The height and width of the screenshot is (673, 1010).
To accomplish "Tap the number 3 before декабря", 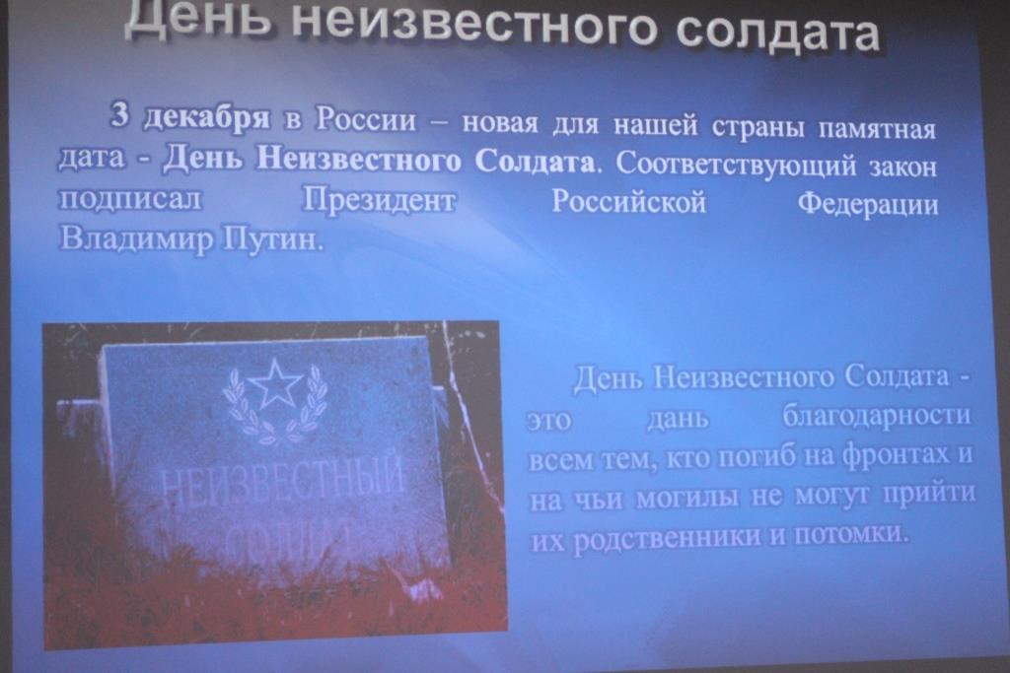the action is pos(120,115).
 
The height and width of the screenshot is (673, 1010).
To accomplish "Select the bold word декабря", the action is pos(206,117).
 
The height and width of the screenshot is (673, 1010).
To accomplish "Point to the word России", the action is pos(366,119).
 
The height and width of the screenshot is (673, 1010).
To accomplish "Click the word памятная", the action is pos(877,128).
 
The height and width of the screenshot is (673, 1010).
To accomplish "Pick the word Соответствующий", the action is pos(736,166).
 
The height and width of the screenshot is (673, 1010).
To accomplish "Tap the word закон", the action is pos(903,168).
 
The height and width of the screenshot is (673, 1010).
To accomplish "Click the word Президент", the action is pos(379,200).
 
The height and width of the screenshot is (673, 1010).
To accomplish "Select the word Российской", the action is pos(628,202).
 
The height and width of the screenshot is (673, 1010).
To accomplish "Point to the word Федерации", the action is pos(868,206).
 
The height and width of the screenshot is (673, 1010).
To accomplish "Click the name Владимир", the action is pos(136,238).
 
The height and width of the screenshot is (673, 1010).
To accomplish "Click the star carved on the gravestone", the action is pos(276,383).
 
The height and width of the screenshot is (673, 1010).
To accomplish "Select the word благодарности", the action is pos(877,416).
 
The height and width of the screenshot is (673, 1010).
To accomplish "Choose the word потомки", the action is pos(849,534).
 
